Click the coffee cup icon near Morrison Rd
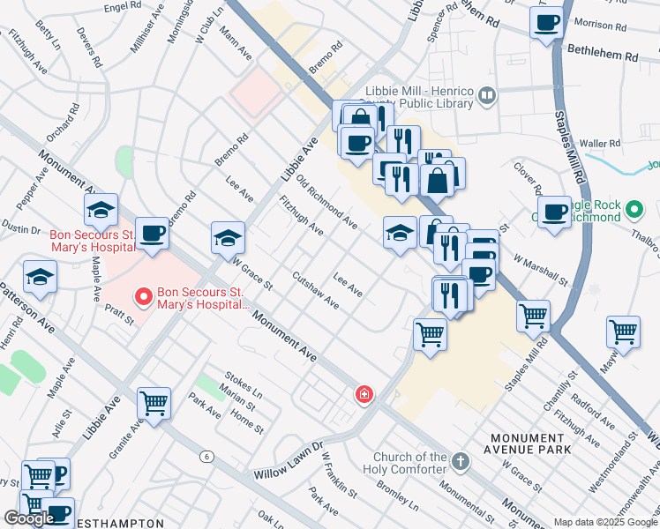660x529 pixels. [x=546, y=22]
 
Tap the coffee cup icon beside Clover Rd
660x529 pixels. [x=554, y=212]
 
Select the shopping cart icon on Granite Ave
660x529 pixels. [x=154, y=404]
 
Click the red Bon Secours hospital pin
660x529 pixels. [x=141, y=297]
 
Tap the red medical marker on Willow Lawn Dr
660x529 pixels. [x=363, y=394]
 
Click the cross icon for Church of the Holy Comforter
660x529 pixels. [x=459, y=461]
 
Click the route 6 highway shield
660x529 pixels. [x=206, y=456]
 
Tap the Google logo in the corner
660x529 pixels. [x=29, y=518]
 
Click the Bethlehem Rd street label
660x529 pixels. [x=602, y=55]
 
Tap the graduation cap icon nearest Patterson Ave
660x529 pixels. [x=40, y=277]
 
